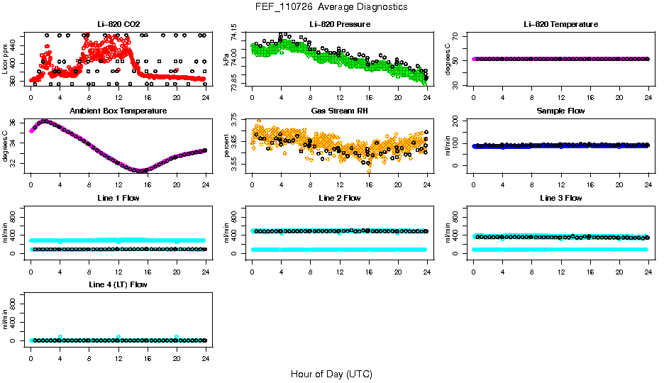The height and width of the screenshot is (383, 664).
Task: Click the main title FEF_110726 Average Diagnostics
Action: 332,6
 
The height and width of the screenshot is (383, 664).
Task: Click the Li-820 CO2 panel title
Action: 118,24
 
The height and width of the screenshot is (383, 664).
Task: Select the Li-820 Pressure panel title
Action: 340,24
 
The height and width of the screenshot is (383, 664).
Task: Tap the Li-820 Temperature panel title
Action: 560,24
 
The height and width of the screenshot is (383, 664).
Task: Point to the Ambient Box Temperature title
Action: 118,111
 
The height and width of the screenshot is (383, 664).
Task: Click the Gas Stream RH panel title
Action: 340,111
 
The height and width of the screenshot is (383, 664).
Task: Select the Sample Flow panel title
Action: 560,111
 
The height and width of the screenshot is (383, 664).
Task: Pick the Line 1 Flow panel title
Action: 118,198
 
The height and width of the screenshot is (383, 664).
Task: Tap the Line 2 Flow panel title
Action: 340,198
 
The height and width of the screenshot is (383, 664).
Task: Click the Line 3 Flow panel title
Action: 560,198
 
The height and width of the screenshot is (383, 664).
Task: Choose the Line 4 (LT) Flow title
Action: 118,284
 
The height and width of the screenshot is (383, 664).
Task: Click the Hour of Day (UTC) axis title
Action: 331,374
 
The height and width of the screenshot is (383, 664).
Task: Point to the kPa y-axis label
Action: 226,59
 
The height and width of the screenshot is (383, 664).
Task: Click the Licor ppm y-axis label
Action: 6,59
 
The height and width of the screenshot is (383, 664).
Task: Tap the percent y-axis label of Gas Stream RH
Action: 226,145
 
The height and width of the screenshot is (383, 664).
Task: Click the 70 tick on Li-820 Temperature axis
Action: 458,35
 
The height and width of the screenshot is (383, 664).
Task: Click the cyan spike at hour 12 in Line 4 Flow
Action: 118,336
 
